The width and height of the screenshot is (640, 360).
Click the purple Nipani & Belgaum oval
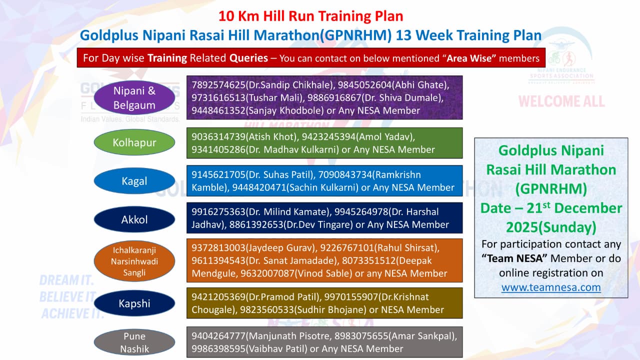tap(134, 97)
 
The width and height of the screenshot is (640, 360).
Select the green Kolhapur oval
tap(134, 142)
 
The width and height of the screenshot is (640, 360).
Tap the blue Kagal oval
tap(134, 181)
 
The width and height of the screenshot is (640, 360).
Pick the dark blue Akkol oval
tap(134, 219)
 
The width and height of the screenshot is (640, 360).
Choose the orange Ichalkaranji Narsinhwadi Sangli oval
tap(134, 261)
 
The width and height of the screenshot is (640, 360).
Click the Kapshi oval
tap(134, 303)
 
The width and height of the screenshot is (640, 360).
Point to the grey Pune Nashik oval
tap(134, 342)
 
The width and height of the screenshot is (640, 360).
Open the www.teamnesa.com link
tap(551, 287)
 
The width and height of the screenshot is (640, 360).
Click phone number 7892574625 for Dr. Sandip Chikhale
tap(218, 85)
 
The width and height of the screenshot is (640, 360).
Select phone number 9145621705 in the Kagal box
tap(218, 174)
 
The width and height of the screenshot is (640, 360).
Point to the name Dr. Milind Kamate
tap(288, 211)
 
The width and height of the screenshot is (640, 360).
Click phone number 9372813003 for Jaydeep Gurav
tap(218, 247)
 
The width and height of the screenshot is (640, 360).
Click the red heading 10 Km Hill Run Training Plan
tap(311, 16)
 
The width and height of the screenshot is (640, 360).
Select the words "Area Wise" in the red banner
tap(469, 58)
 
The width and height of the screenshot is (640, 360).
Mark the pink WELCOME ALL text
tap(561, 101)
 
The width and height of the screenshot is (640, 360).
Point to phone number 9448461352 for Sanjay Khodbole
tap(218, 110)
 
